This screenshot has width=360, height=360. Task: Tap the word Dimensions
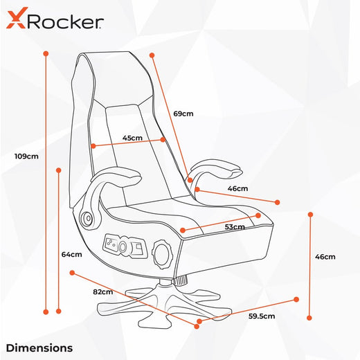[39, 348]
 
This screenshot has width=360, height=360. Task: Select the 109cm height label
[26, 156]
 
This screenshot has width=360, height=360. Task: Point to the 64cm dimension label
[71, 254]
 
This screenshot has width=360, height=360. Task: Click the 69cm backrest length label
[183, 114]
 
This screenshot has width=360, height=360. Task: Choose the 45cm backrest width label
[132, 138]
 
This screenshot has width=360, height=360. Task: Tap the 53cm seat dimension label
[235, 227]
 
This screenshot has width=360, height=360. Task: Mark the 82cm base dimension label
[103, 292]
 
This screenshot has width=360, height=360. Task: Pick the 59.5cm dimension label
[262, 316]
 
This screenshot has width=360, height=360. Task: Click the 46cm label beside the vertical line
[325, 257]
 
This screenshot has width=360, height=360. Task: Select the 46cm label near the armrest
[237, 188]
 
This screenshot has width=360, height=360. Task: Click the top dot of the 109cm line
[46, 53]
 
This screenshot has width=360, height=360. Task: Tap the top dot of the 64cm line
[59, 170]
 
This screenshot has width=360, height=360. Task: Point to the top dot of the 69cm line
[152, 55]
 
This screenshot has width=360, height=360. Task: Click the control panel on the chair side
[125, 246]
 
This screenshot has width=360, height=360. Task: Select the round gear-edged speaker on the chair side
[162, 254]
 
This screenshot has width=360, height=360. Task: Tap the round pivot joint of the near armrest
[87, 218]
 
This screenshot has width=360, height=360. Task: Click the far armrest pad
[217, 168]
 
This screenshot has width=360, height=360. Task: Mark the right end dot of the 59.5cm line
[296, 300]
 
